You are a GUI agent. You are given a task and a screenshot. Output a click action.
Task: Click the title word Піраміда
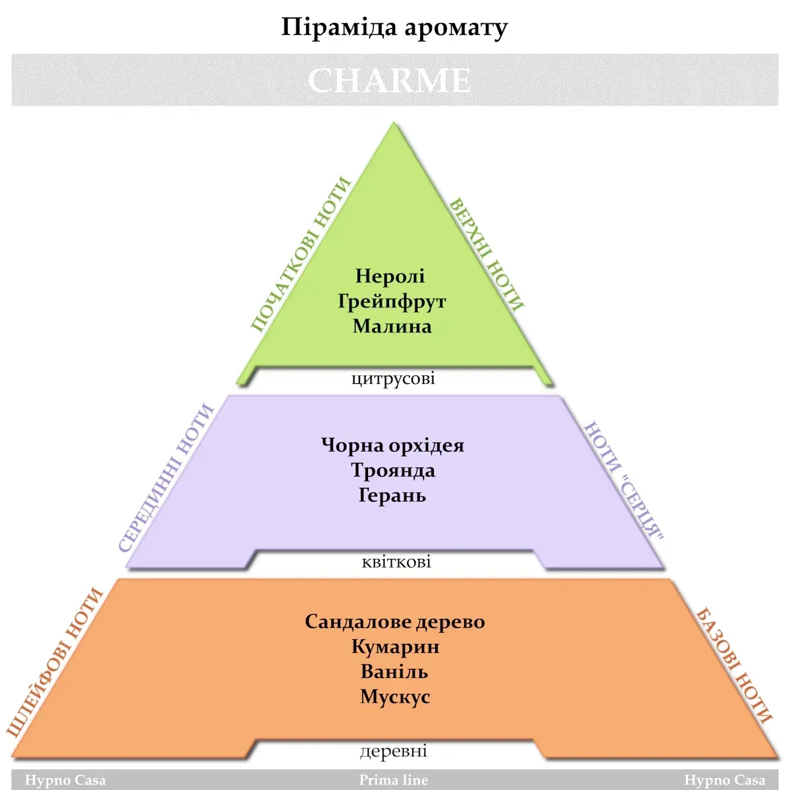point(338,28)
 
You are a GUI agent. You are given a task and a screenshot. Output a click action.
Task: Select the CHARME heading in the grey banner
point(389,81)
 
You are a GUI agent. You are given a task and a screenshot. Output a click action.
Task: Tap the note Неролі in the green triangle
point(390,276)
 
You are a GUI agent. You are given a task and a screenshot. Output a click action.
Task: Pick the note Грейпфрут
point(392,302)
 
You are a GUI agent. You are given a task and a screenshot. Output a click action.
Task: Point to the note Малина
point(392,326)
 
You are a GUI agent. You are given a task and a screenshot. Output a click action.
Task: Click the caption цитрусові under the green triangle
point(393,379)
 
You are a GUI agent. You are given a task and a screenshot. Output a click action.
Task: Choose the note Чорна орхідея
point(393,446)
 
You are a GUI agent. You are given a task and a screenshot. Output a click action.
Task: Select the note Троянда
point(393,470)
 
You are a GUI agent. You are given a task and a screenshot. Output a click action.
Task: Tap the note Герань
point(392,495)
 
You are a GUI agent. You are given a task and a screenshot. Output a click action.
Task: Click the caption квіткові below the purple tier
point(396,562)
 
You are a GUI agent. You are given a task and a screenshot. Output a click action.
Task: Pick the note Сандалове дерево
point(395,621)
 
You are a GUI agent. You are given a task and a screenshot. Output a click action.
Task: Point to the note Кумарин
point(395,646)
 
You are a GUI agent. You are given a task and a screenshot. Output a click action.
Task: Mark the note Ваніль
point(394,671)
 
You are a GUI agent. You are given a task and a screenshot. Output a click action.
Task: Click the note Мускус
point(395,697)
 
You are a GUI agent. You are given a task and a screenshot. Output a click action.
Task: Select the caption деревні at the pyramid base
point(394,751)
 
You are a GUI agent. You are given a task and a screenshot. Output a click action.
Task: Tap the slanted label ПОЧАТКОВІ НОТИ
point(300,254)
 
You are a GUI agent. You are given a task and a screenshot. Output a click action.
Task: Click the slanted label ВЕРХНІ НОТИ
point(487,254)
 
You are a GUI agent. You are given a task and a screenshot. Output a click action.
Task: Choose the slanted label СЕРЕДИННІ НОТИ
point(167,478)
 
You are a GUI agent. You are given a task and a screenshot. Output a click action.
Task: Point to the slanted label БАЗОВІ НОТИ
point(734,666)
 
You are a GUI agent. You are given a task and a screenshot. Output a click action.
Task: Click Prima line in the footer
point(394,780)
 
